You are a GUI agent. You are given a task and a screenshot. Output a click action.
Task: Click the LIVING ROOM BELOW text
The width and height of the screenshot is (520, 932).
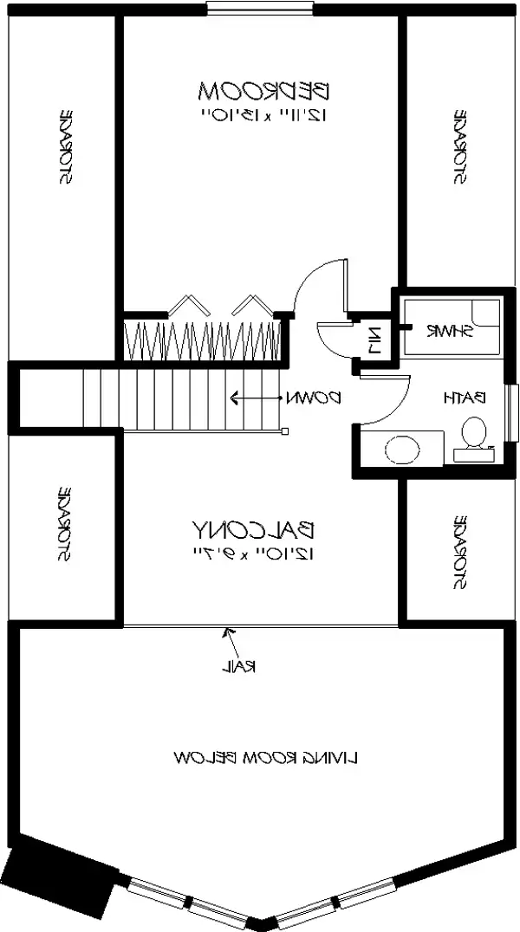(x=267, y=757)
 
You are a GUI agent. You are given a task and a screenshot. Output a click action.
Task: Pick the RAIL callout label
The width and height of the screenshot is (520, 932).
(x=238, y=666)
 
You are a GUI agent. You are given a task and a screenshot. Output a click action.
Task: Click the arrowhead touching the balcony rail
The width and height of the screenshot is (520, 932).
(x=227, y=632)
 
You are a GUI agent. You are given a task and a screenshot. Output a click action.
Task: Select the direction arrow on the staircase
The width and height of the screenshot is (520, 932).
(x=251, y=398)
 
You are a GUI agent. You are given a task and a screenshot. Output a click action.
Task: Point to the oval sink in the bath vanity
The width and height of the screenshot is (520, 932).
(x=400, y=450)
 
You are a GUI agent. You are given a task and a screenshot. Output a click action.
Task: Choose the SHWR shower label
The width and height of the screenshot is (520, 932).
(x=448, y=331)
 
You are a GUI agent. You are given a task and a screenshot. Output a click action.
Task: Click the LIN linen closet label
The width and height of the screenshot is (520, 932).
(x=374, y=338)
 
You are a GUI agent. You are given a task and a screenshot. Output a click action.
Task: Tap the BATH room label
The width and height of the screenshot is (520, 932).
(x=465, y=398)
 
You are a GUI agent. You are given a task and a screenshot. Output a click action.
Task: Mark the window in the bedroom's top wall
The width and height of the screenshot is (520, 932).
(x=260, y=10)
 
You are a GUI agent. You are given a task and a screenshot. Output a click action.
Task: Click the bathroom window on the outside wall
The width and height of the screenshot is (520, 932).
(x=512, y=411)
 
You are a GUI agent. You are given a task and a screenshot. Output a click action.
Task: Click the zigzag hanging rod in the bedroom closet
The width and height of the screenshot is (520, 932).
(x=204, y=339)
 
